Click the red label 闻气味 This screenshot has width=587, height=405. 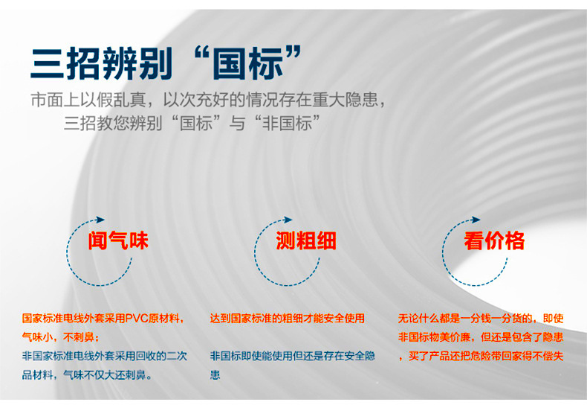118,241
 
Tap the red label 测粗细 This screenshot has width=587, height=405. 306,241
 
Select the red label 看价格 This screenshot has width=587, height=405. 494,241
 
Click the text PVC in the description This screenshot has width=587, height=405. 137,319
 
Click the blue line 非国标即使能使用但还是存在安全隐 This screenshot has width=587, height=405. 292,357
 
